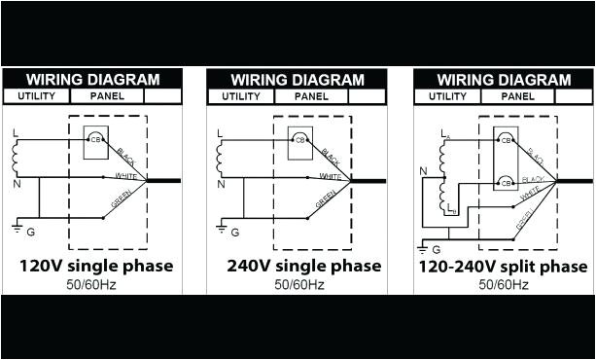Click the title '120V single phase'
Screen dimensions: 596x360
96,266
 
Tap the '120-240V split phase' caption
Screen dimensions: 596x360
503,266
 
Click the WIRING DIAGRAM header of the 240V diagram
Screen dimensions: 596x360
297,79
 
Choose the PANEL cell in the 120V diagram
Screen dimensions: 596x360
107,95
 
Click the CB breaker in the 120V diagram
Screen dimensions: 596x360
95,139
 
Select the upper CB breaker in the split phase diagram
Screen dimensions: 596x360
506,140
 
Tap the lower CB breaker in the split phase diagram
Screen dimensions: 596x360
506,182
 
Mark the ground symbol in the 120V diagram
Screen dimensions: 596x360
16,230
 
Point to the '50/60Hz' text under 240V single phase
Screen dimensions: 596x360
297,284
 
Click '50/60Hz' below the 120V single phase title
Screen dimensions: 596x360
92,284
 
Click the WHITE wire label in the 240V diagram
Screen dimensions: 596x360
330,176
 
